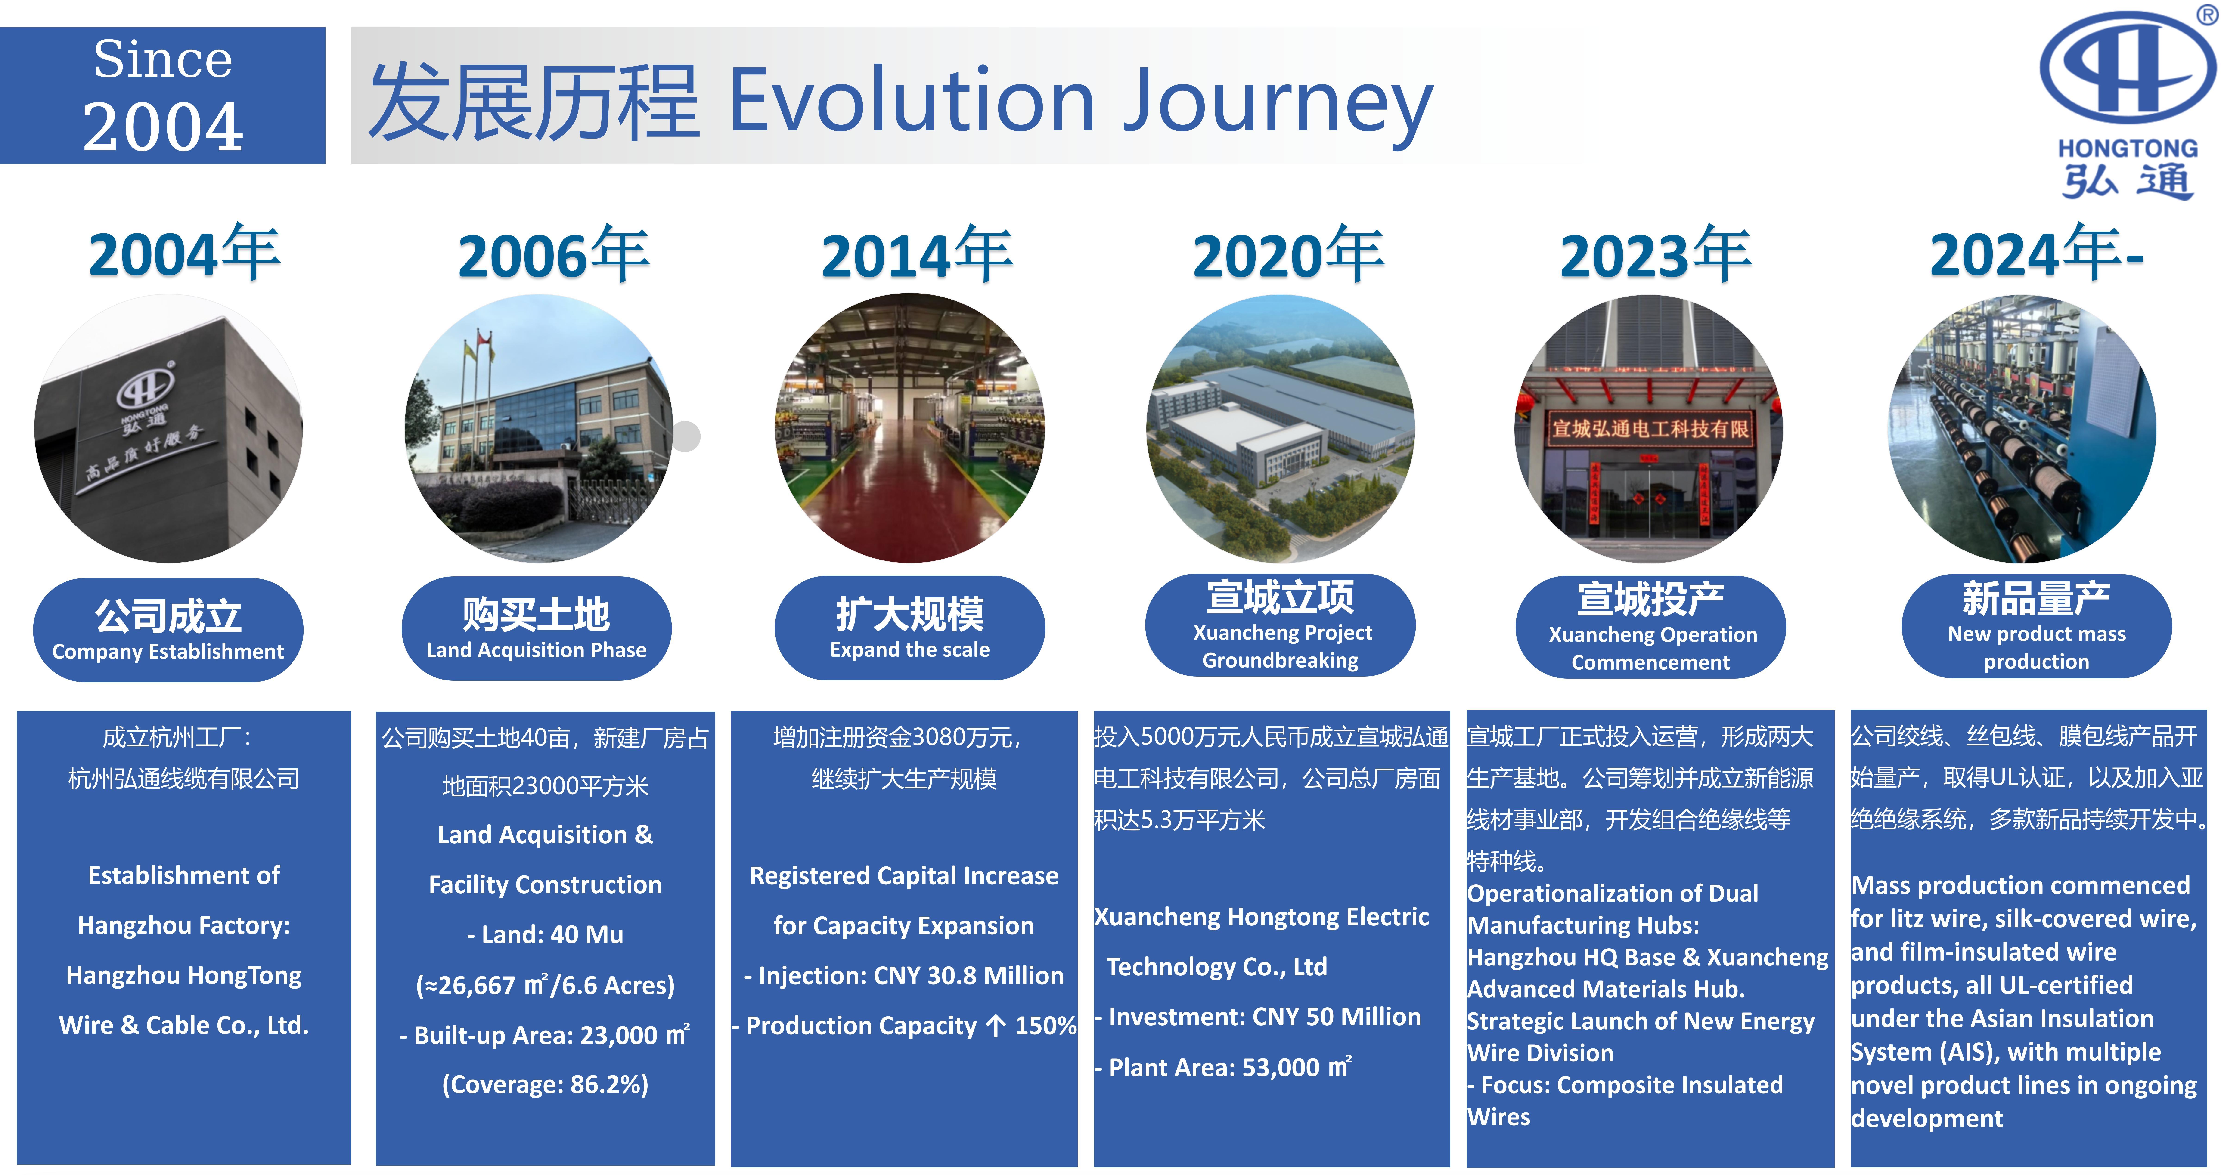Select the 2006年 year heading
coord(553,255)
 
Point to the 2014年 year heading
coord(916,255)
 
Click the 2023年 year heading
coord(1655,255)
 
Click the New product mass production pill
coord(2036,627)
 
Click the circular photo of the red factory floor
coord(910,428)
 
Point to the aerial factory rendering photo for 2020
coord(1280,428)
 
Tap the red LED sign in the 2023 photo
coord(1649,428)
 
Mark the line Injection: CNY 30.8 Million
coord(904,976)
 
